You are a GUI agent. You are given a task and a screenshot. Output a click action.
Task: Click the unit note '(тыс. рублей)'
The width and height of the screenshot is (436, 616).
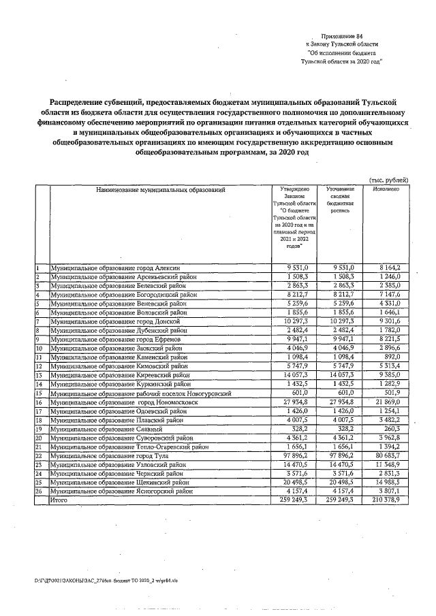point(388,179)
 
